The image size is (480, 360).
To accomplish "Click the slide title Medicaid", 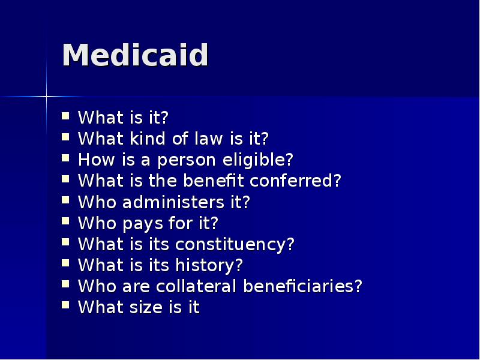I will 135,56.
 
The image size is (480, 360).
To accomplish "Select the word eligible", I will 265,160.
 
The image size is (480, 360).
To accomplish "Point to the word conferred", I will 295,181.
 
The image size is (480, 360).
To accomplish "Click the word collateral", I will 190,286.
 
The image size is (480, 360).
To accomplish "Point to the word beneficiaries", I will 302,286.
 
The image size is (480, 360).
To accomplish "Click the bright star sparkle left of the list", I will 46,96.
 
